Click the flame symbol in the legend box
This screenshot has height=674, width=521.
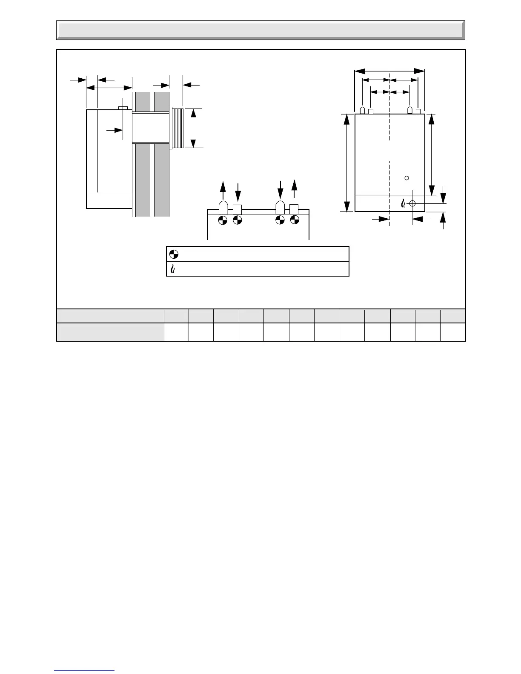click(x=173, y=269)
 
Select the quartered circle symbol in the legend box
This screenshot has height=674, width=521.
click(x=173, y=254)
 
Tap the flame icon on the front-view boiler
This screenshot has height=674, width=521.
click(x=403, y=204)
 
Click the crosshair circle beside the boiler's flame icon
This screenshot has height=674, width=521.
click(x=412, y=204)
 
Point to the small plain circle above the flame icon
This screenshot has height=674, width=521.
click(x=406, y=177)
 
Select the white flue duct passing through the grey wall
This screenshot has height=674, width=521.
click(x=151, y=128)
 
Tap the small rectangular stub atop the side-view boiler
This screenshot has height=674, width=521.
click(x=123, y=108)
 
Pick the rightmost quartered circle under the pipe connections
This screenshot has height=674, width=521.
click(x=294, y=220)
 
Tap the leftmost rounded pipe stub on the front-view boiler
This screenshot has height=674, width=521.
click(x=362, y=111)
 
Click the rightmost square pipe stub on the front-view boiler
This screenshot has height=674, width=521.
click(x=418, y=111)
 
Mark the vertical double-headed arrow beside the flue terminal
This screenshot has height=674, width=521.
click(x=193, y=128)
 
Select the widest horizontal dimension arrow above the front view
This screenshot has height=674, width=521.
click(x=389, y=71)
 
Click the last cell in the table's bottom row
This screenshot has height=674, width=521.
click(x=453, y=332)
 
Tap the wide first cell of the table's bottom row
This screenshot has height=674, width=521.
click(x=110, y=332)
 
